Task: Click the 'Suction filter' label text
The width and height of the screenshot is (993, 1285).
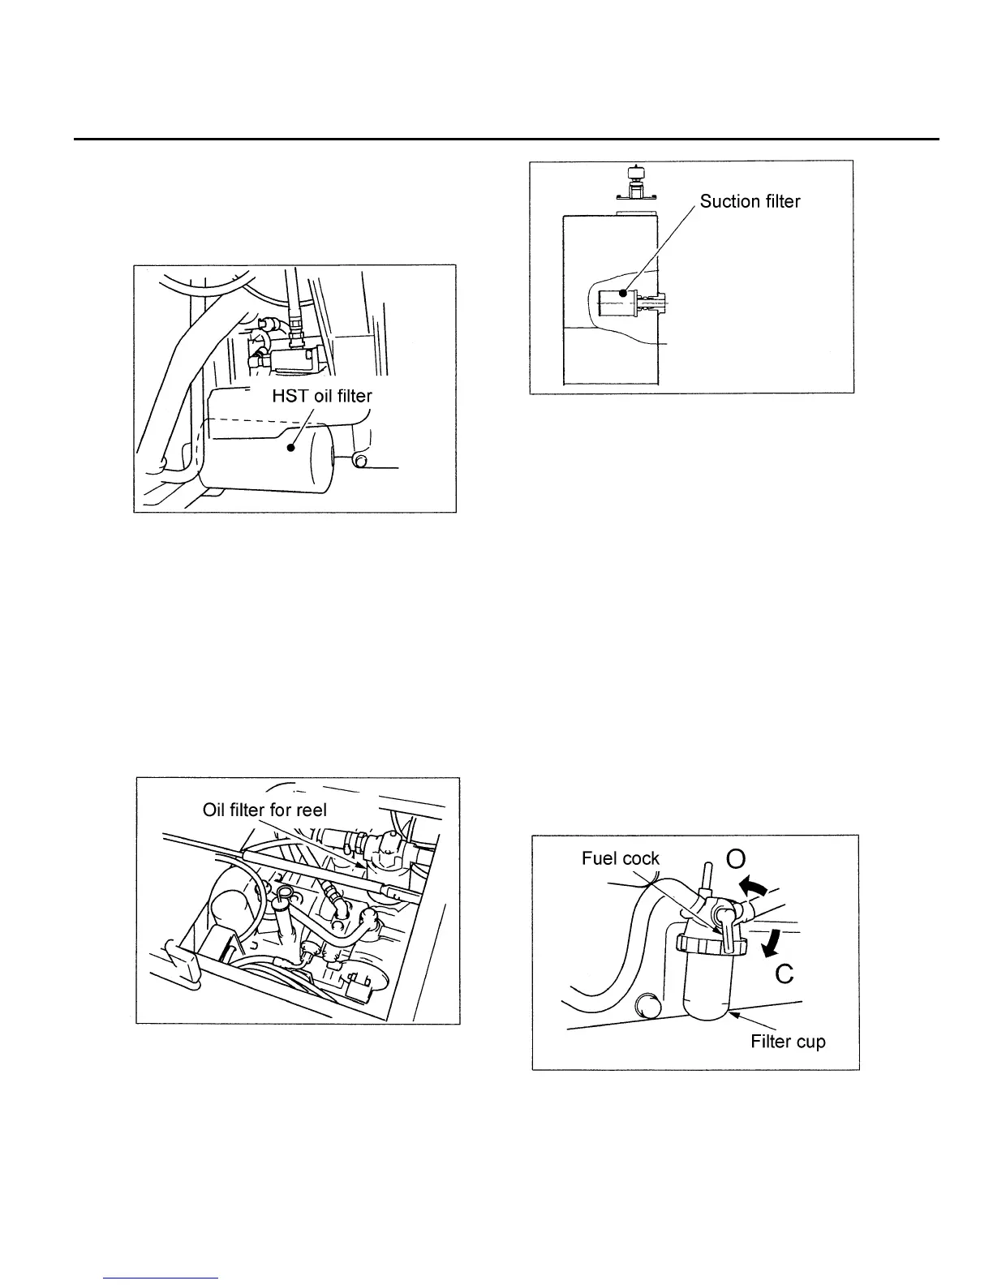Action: (750, 201)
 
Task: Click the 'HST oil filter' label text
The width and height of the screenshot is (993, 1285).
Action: (321, 397)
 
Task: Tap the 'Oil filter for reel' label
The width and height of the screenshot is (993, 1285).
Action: (264, 810)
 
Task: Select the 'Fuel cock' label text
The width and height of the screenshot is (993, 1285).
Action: (621, 858)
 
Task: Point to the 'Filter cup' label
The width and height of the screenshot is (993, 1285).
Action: (788, 1041)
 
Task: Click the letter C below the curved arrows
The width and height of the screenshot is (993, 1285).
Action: (784, 973)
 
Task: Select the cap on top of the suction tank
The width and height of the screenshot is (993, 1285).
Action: (634, 183)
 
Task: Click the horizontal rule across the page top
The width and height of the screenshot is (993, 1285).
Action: (506, 140)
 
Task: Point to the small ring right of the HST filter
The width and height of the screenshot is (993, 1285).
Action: (359, 462)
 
